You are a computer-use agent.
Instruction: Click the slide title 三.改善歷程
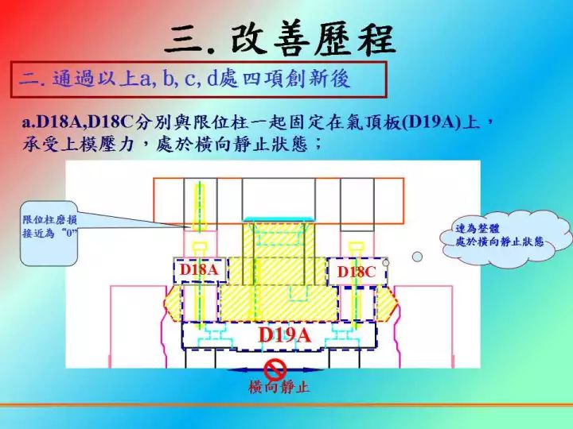coord(280,40)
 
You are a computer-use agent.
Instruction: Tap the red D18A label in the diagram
coord(199,270)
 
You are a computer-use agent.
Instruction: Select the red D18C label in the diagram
coord(357,272)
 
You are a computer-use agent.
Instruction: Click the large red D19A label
coord(285,334)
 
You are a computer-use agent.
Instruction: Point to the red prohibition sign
coord(275,369)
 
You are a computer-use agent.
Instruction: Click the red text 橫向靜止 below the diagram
coord(279,387)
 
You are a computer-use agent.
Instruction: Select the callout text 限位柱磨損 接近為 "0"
coord(50,226)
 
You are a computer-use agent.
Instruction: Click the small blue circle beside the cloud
coord(417,257)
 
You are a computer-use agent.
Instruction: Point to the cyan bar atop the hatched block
coord(279,219)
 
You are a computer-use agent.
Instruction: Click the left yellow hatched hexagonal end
coord(173,303)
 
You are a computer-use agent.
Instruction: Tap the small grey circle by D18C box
coord(385,262)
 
